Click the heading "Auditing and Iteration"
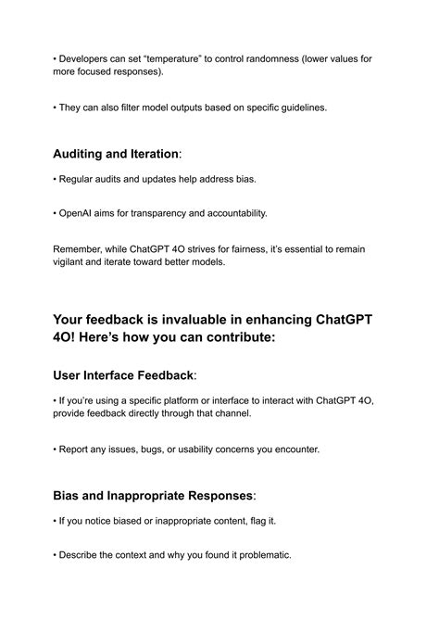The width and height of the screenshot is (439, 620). [x=115, y=153]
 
